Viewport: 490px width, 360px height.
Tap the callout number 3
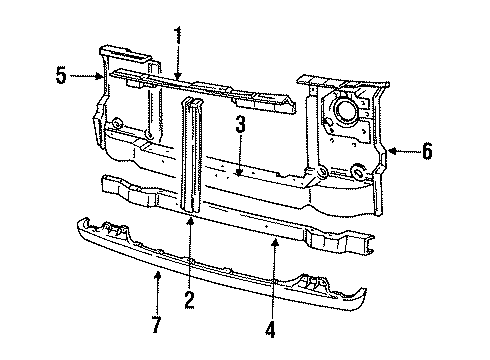[241, 125]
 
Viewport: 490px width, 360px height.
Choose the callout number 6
[427, 152]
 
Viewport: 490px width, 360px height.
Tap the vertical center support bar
[189, 150]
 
